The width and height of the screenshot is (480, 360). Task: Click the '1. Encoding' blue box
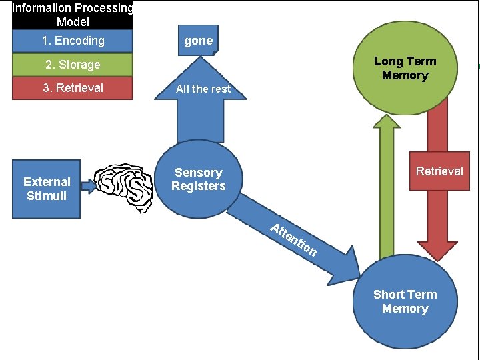[x=73, y=41]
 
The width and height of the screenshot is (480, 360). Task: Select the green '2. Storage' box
[x=73, y=65]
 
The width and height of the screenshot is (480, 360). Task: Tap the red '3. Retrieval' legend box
[x=73, y=87]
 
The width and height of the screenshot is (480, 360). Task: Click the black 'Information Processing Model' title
[x=73, y=15]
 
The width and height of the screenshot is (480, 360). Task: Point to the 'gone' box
[x=198, y=41]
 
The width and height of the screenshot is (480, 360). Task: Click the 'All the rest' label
[x=203, y=89]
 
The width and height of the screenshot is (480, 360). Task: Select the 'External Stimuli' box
[x=47, y=189]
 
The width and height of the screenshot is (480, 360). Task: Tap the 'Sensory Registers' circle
[x=198, y=180]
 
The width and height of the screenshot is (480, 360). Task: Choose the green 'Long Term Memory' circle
[x=405, y=68]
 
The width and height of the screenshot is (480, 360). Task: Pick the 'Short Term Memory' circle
[x=405, y=301]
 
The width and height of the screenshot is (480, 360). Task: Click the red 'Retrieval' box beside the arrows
[x=439, y=171]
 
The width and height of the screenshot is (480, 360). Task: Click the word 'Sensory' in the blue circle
[x=198, y=173]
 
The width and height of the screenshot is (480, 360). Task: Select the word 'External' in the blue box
[x=47, y=181]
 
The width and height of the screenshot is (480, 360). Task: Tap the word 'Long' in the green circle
[x=387, y=61]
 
